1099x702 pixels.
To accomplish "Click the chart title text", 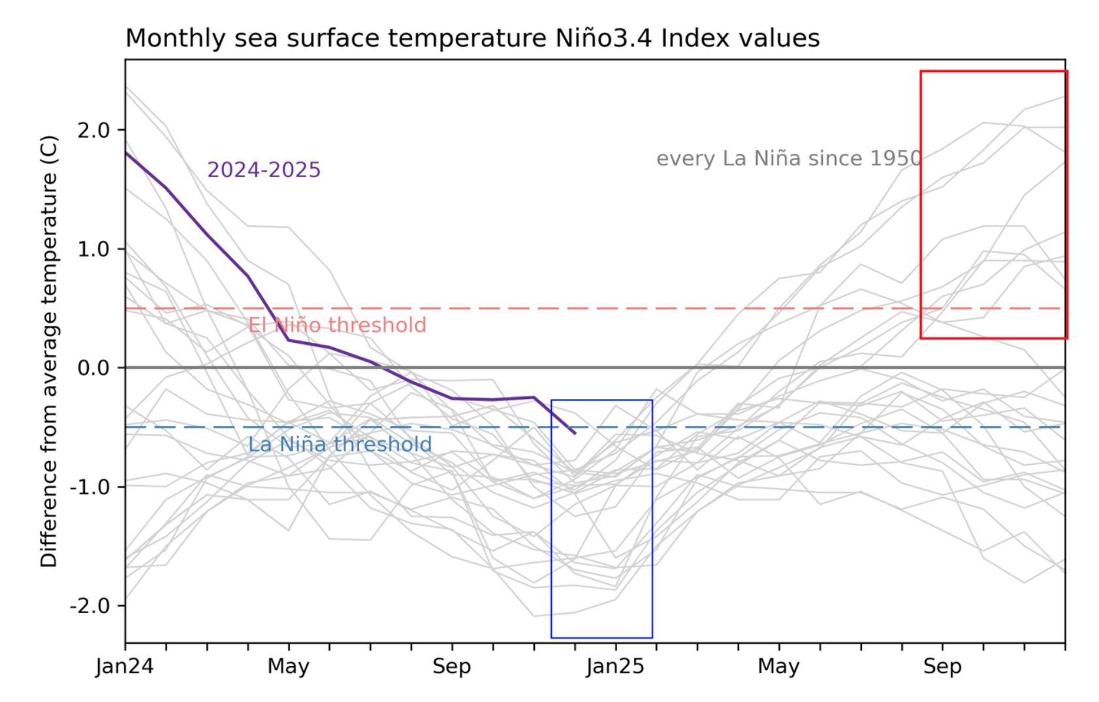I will coord(472,39).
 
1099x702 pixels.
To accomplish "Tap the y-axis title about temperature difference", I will coord(50,351).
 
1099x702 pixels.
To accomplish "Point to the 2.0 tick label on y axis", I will coord(93,130).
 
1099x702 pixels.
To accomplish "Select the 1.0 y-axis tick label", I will coord(93,249).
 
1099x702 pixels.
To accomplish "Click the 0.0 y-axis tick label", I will coord(93,368).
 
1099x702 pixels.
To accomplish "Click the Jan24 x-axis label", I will coord(125,667).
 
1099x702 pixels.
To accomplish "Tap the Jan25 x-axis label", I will coord(615,667).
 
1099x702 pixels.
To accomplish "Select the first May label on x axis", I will coord(288,667).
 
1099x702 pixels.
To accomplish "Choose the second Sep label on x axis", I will coord(942,667).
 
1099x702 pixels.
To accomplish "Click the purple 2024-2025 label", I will coord(264,170).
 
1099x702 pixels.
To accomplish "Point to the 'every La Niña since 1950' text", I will coord(789,159).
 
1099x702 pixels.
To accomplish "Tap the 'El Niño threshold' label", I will coord(337,325).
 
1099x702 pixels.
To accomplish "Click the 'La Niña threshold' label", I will coord(340,445).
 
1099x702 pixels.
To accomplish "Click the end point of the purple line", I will coord(575,433).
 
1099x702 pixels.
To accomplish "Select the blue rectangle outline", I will coord(552,522).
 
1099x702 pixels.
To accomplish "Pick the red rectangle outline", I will coord(921,196).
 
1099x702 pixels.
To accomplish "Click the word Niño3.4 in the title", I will coord(603,39).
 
